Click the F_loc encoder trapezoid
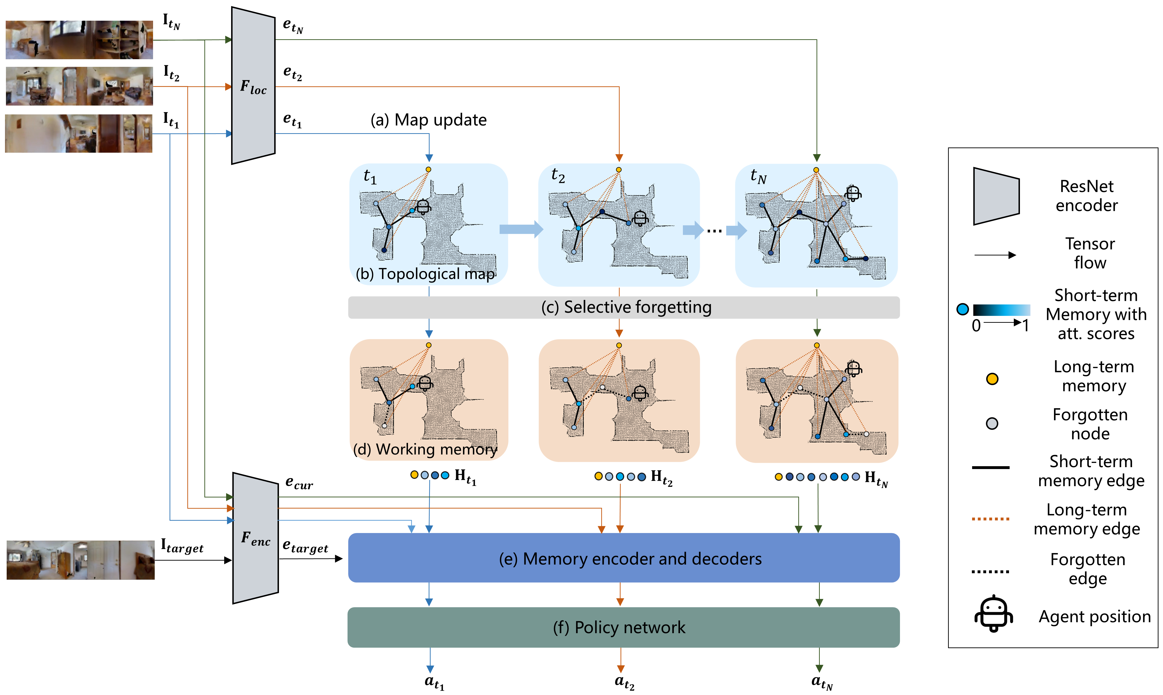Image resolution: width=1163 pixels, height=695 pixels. click(253, 86)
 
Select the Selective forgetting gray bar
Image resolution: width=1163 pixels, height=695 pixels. click(623, 307)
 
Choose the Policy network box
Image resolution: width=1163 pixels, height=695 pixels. click(623, 627)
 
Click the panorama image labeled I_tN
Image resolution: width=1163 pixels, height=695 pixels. click(79, 40)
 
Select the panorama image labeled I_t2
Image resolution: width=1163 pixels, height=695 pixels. click(79, 86)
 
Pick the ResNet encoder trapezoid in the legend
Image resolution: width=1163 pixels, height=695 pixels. click(996, 196)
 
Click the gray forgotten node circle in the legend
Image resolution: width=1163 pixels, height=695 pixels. click(992, 423)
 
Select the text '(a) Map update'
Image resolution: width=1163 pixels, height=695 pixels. click(428, 120)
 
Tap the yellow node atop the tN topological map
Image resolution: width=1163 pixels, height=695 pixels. click(816, 170)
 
